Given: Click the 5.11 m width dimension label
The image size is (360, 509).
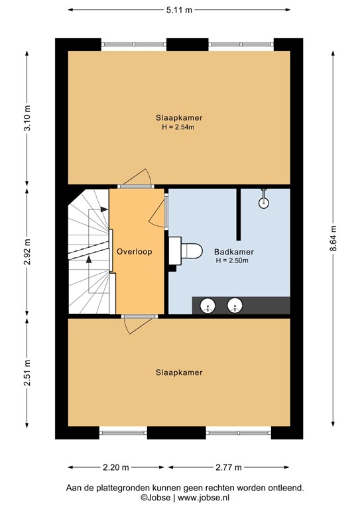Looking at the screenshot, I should click(179, 10).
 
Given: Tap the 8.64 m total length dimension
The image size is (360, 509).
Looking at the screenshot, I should click(333, 235).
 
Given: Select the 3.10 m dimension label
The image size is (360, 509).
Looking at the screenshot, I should click(27, 118).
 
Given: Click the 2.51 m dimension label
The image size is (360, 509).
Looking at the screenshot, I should click(27, 374).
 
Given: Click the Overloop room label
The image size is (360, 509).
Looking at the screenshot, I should click(135, 253).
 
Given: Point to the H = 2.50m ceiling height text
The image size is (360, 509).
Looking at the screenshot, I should click(231, 261).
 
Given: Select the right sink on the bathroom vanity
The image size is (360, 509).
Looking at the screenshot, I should click(235, 306).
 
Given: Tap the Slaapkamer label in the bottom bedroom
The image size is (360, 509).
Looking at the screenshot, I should click(178, 372).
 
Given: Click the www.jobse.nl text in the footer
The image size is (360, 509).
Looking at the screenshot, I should click(210, 497).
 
